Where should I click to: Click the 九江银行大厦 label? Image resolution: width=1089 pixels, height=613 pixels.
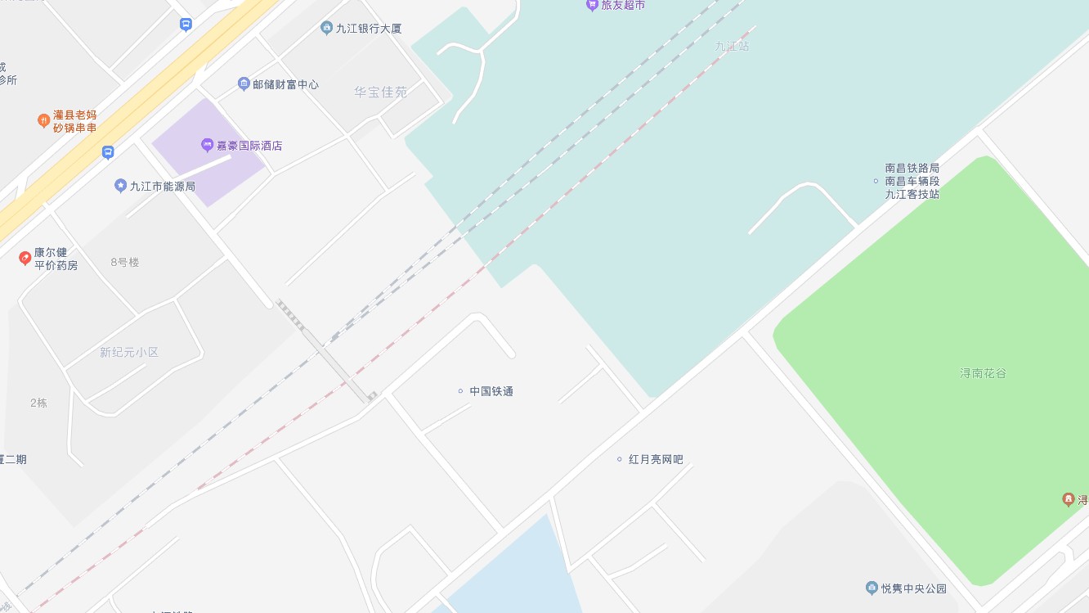(369, 29)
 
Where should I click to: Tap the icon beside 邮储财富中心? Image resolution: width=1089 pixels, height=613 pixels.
(244, 84)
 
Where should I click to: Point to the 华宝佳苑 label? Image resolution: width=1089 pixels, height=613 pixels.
(380, 92)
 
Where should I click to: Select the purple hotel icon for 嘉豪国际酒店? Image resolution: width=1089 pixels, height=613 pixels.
(207, 146)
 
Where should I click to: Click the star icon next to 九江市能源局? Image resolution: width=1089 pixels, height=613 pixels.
(121, 186)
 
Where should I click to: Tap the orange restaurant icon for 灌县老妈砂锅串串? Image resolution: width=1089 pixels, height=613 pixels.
(44, 121)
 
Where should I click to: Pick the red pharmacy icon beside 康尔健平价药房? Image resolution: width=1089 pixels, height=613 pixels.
(25, 259)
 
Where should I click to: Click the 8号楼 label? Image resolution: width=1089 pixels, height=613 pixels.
(125, 263)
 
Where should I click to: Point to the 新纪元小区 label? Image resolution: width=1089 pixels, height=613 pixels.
(129, 353)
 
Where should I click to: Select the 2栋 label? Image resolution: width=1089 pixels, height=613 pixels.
(38, 403)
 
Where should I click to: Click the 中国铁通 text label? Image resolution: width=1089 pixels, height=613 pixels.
(491, 391)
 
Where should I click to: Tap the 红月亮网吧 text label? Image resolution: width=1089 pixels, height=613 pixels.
(656, 460)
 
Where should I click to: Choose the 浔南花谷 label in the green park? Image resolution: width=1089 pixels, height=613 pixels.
(983, 373)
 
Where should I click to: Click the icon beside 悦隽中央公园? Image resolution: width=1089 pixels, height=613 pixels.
(872, 588)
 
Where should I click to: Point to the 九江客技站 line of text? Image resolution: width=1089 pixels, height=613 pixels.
(912, 195)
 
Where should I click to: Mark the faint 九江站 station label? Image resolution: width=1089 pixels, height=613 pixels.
(732, 47)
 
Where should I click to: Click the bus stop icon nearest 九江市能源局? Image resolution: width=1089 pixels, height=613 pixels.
(108, 152)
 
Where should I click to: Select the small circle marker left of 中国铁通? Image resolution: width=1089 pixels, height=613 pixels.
(460, 391)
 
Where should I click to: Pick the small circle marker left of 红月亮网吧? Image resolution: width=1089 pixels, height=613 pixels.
(619, 459)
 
